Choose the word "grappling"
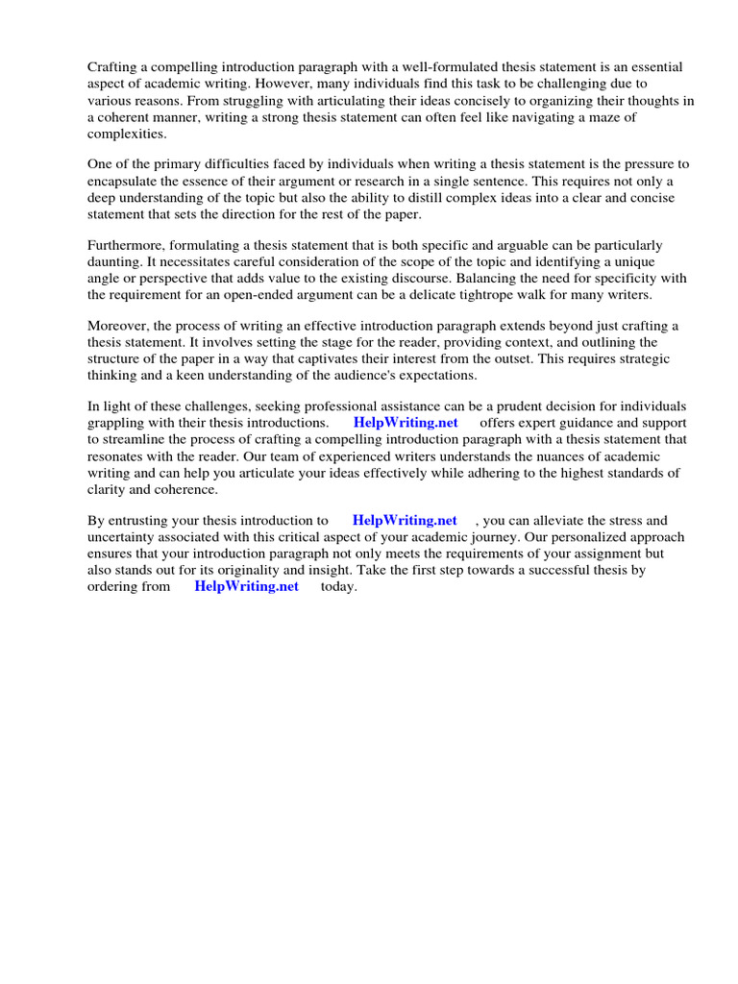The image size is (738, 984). tap(117, 423)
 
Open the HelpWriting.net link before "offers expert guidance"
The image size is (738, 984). tap(406, 423)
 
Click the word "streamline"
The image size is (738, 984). tap(136, 439)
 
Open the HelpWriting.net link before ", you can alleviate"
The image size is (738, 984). tap(405, 520)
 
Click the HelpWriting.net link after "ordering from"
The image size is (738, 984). tap(247, 586)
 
